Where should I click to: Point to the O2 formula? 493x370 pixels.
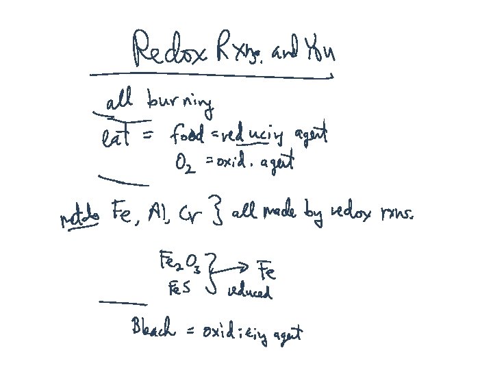[185, 165]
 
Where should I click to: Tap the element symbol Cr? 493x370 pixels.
[191, 218]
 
